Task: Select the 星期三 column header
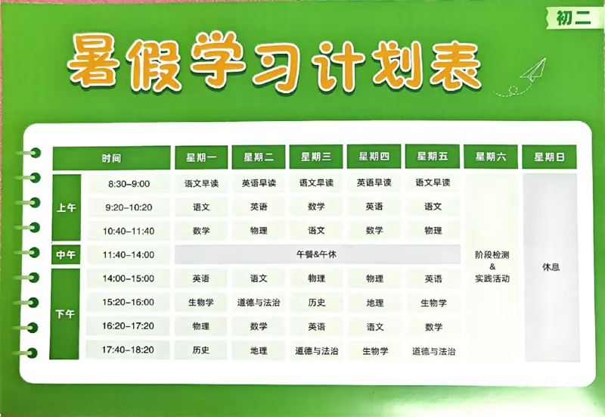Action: click(316, 157)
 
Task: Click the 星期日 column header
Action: click(550, 157)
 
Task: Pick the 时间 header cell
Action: click(111, 158)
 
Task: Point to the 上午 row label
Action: click(66, 207)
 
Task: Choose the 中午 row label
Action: click(66, 254)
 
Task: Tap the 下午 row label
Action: click(66, 314)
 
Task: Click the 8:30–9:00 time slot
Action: click(129, 183)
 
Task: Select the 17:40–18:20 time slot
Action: click(129, 350)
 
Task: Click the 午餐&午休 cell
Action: click(317, 254)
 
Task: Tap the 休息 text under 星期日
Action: click(551, 267)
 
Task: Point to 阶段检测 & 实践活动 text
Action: click(492, 266)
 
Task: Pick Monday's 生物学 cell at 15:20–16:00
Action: click(201, 303)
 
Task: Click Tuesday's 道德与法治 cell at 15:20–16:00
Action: click(259, 303)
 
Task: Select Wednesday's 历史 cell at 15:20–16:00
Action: click(317, 303)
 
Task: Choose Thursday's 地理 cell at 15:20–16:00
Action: click(375, 303)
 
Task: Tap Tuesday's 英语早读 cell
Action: click(259, 183)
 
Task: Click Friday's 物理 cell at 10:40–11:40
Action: click(433, 230)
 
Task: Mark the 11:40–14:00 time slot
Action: click(129, 255)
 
